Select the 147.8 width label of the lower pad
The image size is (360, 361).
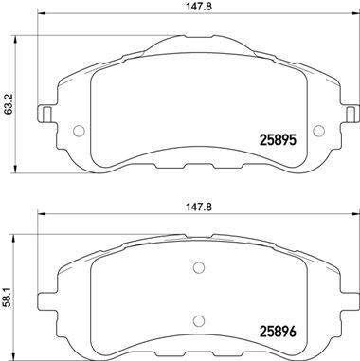point(189,202)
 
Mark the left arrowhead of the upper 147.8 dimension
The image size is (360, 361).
point(38,22)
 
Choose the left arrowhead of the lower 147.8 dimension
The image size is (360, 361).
point(38,214)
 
